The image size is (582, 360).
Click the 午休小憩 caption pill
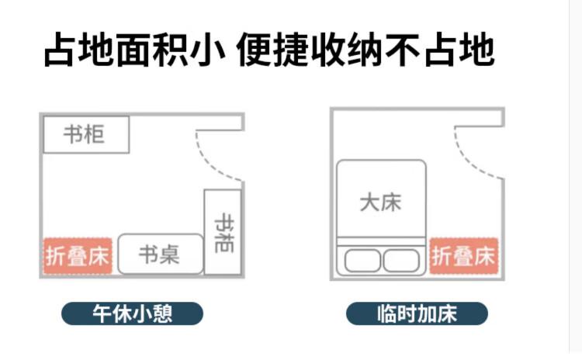click(x=132, y=313)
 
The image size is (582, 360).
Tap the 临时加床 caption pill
click(x=417, y=313)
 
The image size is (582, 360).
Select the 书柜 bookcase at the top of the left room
click(x=86, y=134)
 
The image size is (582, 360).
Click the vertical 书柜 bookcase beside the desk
click(x=223, y=232)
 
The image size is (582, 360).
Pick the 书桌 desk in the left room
click(x=161, y=254)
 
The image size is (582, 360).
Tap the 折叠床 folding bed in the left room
click(x=78, y=256)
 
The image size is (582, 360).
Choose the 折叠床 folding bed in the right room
click(x=464, y=256)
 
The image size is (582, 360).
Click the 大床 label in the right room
click(x=381, y=202)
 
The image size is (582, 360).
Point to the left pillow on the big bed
click(x=362, y=261)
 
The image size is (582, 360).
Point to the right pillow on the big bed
click(x=401, y=261)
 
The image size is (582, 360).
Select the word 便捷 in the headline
click(x=272, y=50)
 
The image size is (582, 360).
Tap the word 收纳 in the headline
click(x=347, y=50)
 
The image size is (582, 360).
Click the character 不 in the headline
click(x=403, y=50)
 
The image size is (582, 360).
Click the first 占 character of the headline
click(x=61, y=50)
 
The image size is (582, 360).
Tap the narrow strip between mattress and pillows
click(x=381, y=241)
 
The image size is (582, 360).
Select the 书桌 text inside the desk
click(x=159, y=254)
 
